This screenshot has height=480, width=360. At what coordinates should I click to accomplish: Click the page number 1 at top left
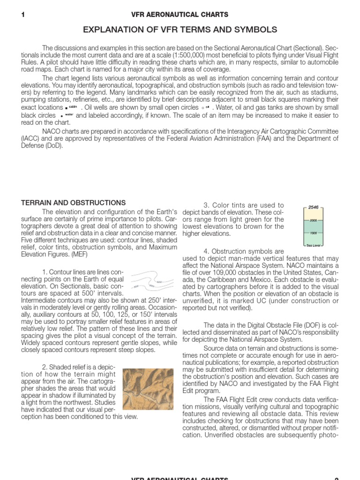click(23, 15)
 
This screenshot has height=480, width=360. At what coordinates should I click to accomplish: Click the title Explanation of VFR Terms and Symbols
click(180, 30)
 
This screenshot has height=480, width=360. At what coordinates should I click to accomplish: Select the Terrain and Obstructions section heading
click(74, 203)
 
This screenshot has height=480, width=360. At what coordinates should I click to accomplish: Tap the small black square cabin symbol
click(67, 108)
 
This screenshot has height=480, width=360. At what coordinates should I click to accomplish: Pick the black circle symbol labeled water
click(61, 115)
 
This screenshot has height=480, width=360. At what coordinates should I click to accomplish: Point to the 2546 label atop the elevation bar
click(313, 207)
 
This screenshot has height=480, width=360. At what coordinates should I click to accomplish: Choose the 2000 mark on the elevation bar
click(313, 220)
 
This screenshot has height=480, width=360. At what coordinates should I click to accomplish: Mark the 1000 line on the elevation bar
click(313, 233)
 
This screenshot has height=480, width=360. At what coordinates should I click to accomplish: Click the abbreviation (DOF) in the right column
click(292, 325)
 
